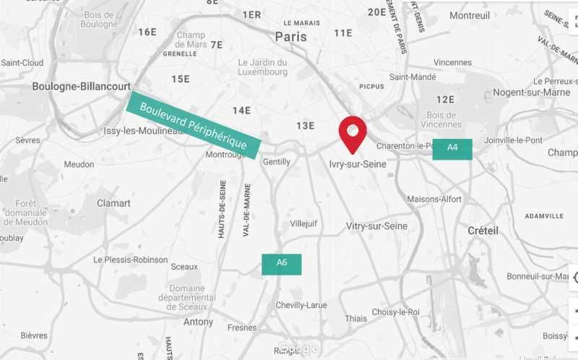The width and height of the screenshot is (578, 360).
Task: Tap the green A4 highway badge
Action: point(452,149)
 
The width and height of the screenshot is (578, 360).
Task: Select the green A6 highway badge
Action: point(282,264)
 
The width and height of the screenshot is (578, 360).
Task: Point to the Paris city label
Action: point(290,37)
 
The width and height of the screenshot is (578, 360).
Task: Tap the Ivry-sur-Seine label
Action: point(358,164)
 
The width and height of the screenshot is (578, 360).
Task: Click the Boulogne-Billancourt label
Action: point(82,86)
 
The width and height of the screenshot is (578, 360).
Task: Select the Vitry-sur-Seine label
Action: point(376,226)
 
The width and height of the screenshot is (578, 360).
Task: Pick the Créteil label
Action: point(483,231)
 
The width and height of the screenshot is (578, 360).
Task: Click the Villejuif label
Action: point(303,224)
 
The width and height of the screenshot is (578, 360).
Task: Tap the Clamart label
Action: point(113,203)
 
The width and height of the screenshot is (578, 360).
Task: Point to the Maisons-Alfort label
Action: point(434,199)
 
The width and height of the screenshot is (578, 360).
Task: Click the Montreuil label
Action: point(470,15)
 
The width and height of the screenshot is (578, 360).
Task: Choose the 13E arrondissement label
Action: point(306,126)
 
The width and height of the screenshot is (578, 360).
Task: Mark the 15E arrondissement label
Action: point(181,79)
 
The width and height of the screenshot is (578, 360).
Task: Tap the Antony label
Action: point(199,322)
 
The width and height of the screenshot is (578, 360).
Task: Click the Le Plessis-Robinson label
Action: point(130,260)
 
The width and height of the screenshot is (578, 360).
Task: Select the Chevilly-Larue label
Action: point(301,305)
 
